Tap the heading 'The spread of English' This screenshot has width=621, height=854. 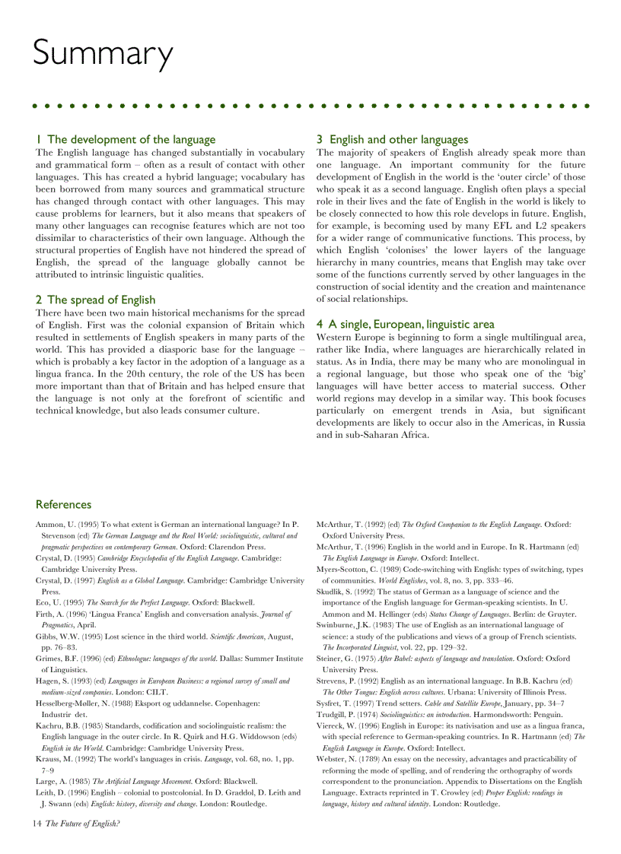coord(101,300)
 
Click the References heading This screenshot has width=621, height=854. coord(63,504)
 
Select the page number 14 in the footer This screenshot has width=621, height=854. coord(37,823)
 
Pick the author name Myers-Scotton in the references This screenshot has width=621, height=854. coord(347,569)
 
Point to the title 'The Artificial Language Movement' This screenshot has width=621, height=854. coord(136,781)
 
